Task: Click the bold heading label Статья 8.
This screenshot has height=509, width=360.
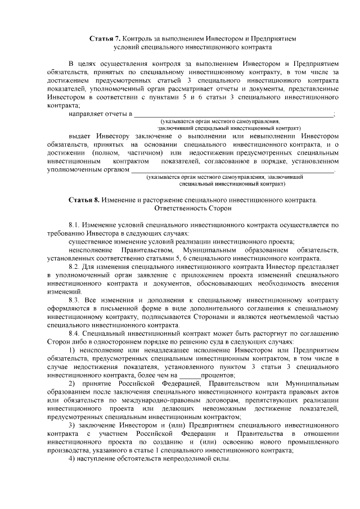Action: tap(84, 200)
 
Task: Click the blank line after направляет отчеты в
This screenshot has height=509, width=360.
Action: tap(233, 114)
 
